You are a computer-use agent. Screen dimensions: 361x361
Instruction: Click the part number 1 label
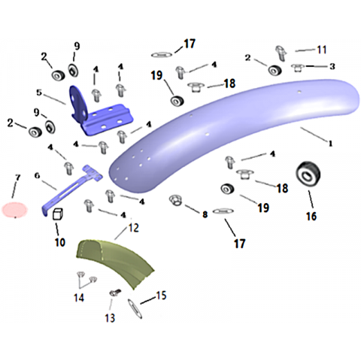tap(331, 143)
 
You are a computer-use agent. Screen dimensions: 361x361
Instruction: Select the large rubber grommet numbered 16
tap(308, 174)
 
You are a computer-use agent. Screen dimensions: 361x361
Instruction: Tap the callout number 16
tap(311, 216)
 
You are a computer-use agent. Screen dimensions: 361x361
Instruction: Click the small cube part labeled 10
tap(58, 214)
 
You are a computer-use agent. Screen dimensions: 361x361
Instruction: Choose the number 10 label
tap(60, 242)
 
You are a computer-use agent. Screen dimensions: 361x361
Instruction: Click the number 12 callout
tap(133, 228)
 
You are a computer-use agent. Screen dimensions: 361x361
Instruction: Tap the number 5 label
tap(39, 93)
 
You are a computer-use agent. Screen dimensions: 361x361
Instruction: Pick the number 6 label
tap(37, 175)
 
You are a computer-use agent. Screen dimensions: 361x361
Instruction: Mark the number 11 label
tap(322, 50)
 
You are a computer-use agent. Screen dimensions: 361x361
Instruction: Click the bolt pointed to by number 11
tap(281, 53)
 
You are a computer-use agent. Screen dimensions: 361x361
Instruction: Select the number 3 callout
tap(332, 66)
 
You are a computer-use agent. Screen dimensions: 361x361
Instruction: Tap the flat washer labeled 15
tap(135, 308)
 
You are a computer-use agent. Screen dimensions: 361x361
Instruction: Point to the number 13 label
tap(110, 318)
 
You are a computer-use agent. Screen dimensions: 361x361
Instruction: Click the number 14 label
tap(79, 298)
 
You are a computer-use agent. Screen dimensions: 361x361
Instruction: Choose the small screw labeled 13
tap(115, 293)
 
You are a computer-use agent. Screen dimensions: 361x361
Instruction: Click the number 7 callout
tap(17, 177)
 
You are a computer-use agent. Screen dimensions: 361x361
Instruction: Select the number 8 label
tap(205, 214)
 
